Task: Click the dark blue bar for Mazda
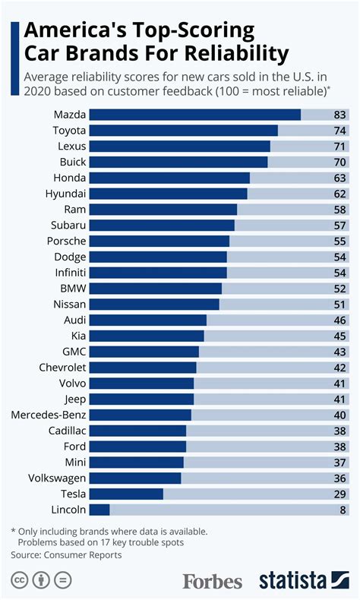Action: (195, 115)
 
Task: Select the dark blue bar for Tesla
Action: (126, 494)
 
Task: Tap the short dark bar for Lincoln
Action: (99, 510)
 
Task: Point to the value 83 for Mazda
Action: (339, 115)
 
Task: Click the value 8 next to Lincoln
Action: (343, 510)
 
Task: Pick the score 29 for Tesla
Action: (339, 494)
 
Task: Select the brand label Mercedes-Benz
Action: (49, 415)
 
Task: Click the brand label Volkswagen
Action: (57, 478)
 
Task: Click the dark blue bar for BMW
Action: (156, 289)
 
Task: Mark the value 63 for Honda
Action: (339, 178)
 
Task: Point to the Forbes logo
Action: (212, 581)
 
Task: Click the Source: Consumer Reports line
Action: (66, 555)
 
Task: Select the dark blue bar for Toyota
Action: (184, 131)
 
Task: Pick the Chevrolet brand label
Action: (59, 368)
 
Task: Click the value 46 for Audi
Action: (339, 320)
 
